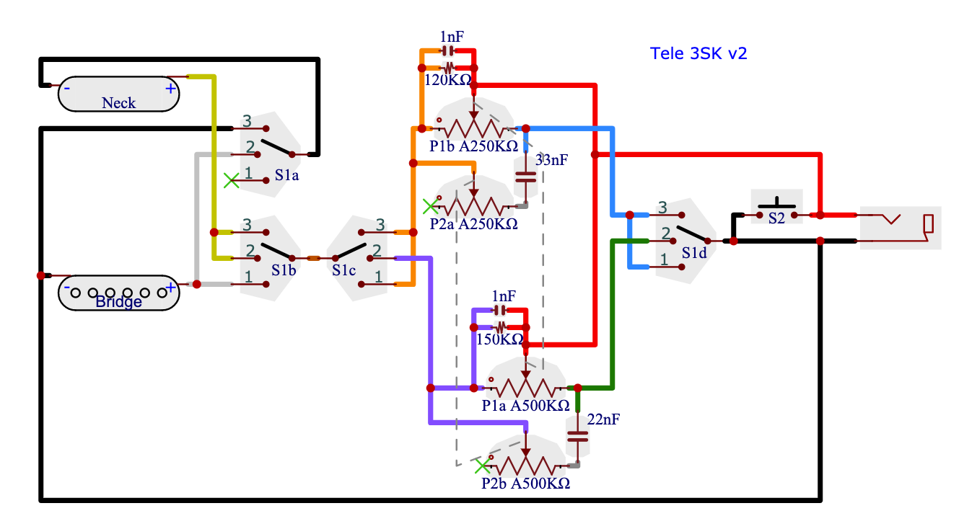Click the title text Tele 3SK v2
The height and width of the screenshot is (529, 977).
pyautogui.click(x=698, y=53)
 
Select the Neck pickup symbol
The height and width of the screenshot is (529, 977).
pyautogui.click(x=118, y=94)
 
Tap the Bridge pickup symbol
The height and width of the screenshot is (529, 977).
pyautogui.click(x=118, y=293)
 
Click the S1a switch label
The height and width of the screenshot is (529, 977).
pyautogui.click(x=286, y=174)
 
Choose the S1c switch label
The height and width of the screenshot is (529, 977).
pyautogui.click(x=344, y=270)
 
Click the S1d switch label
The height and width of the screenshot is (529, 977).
pyautogui.click(x=693, y=254)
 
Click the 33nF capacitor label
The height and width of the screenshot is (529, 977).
pyautogui.click(x=552, y=160)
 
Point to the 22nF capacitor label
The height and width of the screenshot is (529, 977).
pyautogui.click(x=604, y=419)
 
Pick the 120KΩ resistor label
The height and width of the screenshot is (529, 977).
pyautogui.click(x=448, y=80)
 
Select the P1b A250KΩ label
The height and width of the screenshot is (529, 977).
pyautogui.click(x=474, y=146)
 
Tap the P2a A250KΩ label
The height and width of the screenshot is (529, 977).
pyautogui.click(x=474, y=224)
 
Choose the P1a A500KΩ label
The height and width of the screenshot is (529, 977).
pyautogui.click(x=525, y=405)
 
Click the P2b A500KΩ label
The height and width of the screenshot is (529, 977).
pyautogui.click(x=525, y=483)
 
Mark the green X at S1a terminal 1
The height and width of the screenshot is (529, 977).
pyautogui.click(x=231, y=180)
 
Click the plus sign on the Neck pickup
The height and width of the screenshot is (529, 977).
pyautogui.click(x=170, y=89)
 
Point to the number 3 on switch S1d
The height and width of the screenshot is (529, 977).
pyautogui.click(x=662, y=208)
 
